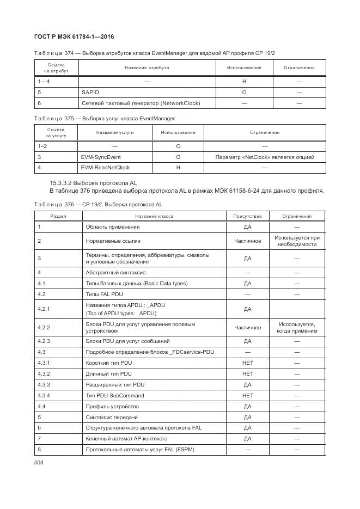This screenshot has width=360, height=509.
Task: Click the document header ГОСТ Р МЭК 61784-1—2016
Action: (x=74, y=36)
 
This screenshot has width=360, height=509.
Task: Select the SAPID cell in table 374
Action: (x=90, y=93)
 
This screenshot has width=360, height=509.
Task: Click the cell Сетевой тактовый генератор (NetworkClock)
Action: (x=141, y=103)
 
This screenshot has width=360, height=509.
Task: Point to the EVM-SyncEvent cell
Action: (x=101, y=157)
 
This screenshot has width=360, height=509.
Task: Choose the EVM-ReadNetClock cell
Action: (x=105, y=167)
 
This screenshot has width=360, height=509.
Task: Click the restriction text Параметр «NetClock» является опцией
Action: (x=265, y=157)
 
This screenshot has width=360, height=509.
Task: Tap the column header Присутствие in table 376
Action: (x=247, y=216)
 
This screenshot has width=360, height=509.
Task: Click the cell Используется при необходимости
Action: (x=297, y=241)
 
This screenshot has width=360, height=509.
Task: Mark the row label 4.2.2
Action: (x=44, y=327)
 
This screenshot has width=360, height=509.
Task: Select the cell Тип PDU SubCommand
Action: (x=115, y=395)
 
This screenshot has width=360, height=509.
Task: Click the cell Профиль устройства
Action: (x=112, y=406)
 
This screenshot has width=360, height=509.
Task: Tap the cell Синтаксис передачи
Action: (x=112, y=417)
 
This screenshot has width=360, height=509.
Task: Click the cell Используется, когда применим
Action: (x=297, y=327)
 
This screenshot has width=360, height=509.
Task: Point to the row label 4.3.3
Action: (x=44, y=384)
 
